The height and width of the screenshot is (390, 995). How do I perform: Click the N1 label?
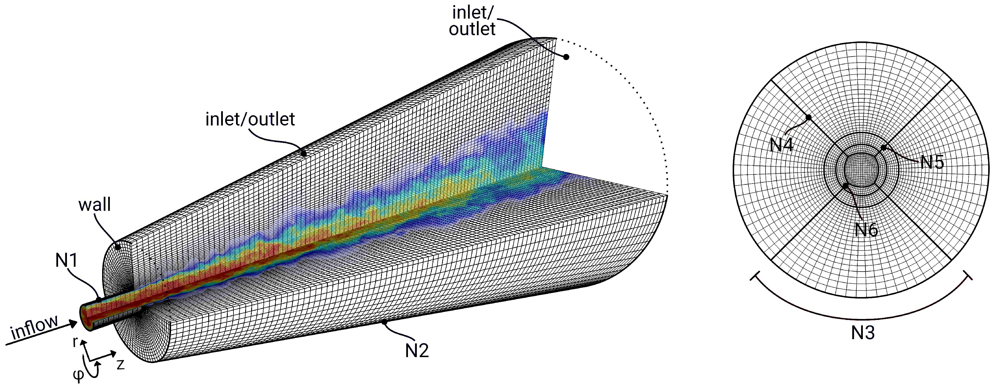[x=66, y=261]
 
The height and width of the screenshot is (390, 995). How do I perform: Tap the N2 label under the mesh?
[x=417, y=351]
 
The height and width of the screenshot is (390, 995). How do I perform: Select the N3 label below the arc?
[x=863, y=333]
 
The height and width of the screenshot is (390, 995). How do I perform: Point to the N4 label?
[x=781, y=145]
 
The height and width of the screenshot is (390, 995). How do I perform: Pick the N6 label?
[x=866, y=230]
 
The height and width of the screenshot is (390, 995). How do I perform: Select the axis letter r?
[x=76, y=342]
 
